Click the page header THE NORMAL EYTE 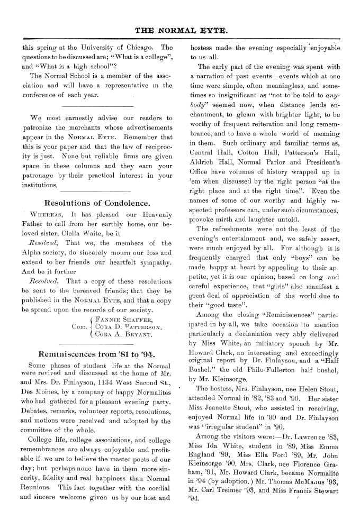coord(179,31)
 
